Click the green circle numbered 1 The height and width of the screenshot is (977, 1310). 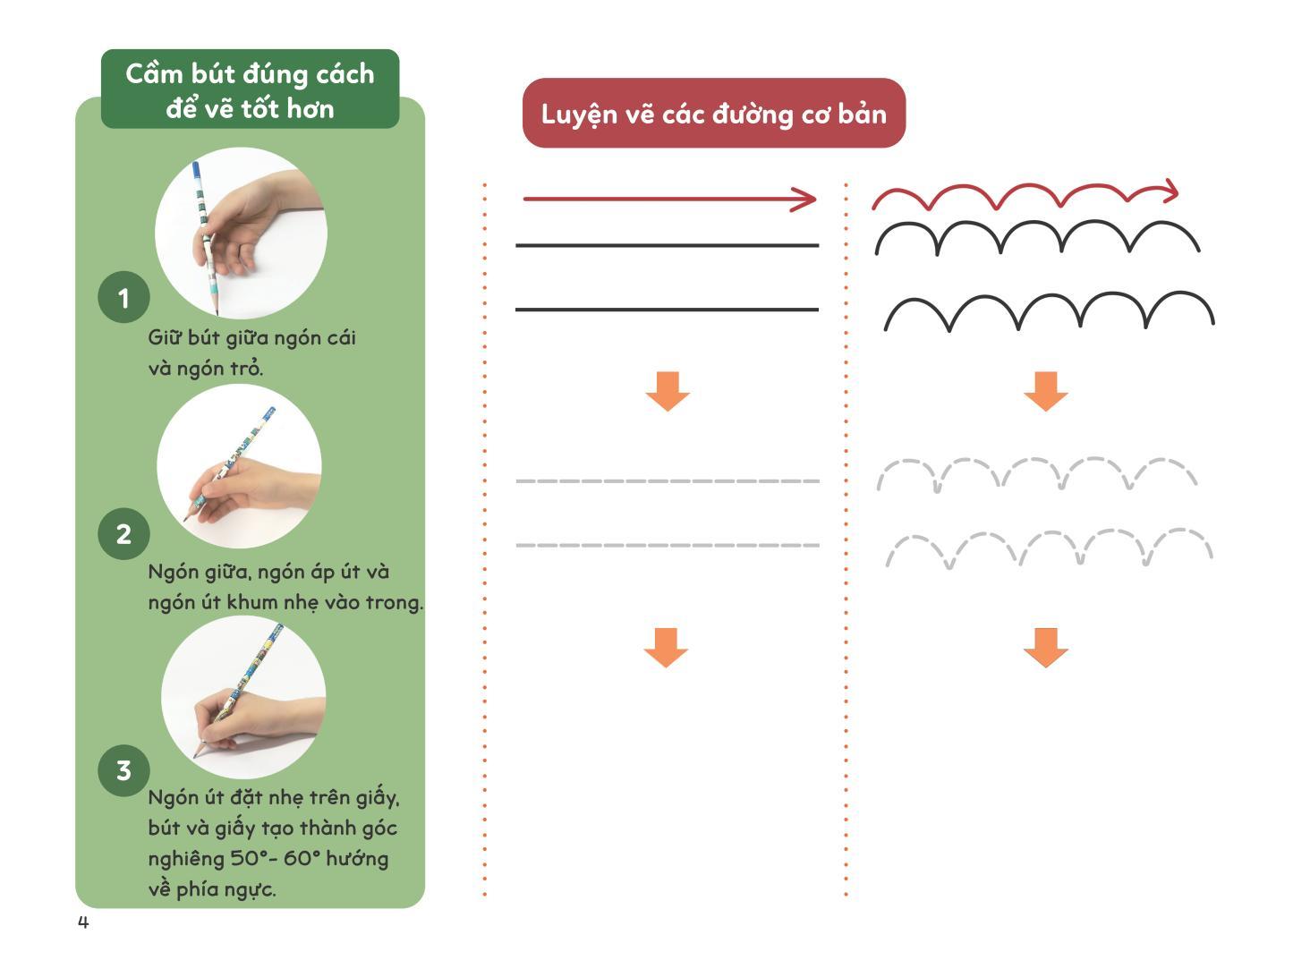coord(123,297)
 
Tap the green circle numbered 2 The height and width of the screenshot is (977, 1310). coord(123,533)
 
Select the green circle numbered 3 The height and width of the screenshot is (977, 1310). coord(123,770)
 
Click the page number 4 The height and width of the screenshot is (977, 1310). coord(83,922)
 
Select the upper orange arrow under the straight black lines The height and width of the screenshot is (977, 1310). coord(668,391)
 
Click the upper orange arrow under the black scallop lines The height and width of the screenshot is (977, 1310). coord(1046,391)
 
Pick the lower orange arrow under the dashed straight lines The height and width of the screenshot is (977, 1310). coord(666,647)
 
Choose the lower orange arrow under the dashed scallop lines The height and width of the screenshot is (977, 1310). coord(1046,647)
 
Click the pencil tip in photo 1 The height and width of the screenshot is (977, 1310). coord(217,313)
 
